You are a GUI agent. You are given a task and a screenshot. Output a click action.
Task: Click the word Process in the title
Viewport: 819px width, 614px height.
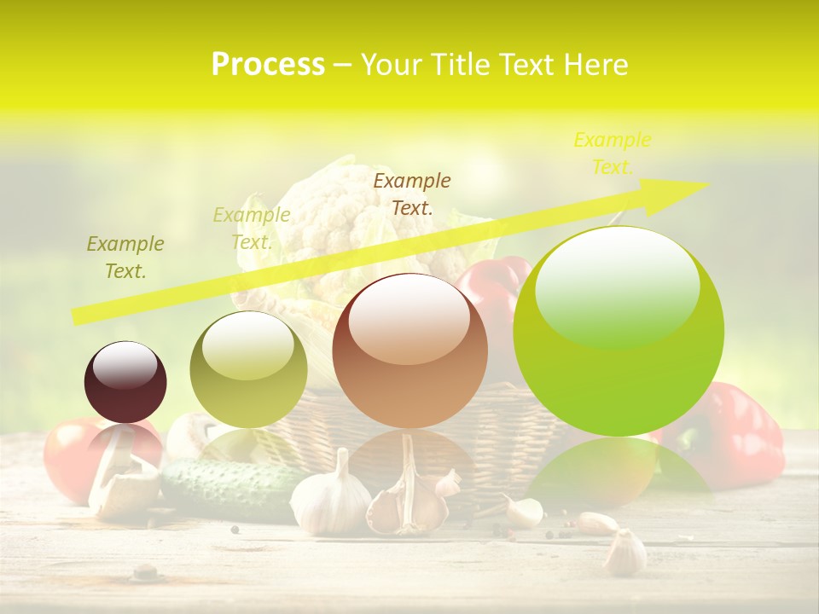[x=268, y=65]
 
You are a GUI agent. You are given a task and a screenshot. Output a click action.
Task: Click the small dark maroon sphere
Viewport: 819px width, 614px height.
[x=125, y=383]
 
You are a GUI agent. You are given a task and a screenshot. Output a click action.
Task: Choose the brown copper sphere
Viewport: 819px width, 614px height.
[x=410, y=351]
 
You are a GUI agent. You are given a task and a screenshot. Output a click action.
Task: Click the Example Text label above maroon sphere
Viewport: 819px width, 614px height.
[x=125, y=258]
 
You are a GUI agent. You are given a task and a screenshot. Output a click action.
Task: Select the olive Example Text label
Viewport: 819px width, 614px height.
[x=252, y=229]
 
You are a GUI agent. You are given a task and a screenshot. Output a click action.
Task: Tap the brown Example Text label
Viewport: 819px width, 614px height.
[x=412, y=194]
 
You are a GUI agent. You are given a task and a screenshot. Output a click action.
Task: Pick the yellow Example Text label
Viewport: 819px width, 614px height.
[x=612, y=153]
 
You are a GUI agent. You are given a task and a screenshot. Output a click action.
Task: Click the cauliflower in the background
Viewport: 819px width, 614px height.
[x=341, y=213]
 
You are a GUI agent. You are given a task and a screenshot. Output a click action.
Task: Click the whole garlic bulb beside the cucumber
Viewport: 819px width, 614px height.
[x=331, y=499]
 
